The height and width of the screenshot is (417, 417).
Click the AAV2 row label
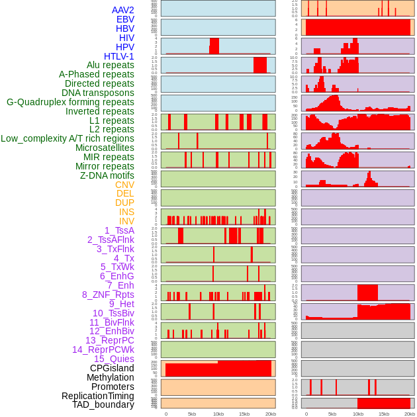pyautogui.click(x=123, y=10)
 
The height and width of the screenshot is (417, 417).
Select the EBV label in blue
pyautogui.click(x=125, y=19)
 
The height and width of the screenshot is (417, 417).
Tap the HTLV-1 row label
pyautogui.click(x=119, y=56)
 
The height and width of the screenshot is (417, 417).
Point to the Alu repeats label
pyautogui.click(x=110, y=66)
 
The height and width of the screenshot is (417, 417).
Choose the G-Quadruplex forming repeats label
pyautogui.click(x=70, y=102)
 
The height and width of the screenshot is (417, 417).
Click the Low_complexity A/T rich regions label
pyautogui.click(x=68, y=138)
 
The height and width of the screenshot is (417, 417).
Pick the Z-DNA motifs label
pyautogui.click(x=107, y=175)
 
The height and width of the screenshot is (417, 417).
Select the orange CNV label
pyautogui.click(x=124, y=185)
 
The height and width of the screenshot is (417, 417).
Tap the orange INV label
pyautogui.click(x=126, y=221)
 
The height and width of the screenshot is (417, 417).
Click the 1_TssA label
pyautogui.click(x=119, y=230)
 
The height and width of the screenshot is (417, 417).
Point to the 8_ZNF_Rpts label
pyautogui.click(x=108, y=295)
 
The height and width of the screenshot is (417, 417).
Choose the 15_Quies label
pyautogui.click(x=114, y=359)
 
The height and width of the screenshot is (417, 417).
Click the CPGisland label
pyautogui.click(x=112, y=368)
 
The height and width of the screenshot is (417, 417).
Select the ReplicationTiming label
pyautogui.click(x=97, y=396)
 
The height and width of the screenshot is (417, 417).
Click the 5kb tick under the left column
pyautogui.click(x=192, y=414)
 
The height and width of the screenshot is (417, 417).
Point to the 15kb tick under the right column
pyautogui.click(x=384, y=414)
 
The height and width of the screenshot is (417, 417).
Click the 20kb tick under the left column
pyautogui.click(x=271, y=414)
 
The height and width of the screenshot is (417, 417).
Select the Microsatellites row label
pyautogui.click(x=105, y=148)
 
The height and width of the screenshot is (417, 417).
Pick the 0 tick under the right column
pyautogui.click(x=306, y=414)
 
